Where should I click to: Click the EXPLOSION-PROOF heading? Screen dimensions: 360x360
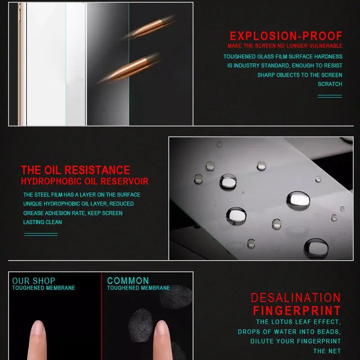[286, 36]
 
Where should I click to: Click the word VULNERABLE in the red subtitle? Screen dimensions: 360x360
[325, 46]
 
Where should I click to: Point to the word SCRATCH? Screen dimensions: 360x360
[330, 84]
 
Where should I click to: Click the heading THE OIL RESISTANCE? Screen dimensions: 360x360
[76, 170]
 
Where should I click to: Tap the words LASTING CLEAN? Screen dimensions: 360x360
[43, 222]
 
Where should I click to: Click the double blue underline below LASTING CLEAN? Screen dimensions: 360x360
[40, 234]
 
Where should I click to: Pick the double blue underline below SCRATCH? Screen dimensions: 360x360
[329, 96]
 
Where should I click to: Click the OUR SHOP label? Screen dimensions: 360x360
[34, 281]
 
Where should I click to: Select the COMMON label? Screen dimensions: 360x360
[128, 281]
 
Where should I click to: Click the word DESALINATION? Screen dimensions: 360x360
[296, 298]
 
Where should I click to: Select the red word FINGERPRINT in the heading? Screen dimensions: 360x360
[297, 311]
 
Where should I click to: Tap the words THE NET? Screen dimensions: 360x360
[327, 351]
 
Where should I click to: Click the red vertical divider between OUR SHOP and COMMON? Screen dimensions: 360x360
[101, 315]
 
